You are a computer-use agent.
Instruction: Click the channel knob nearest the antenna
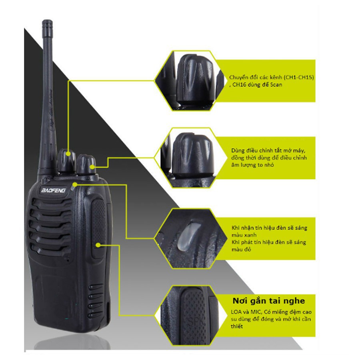click(67, 160)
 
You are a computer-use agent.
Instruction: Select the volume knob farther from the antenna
click(86, 164)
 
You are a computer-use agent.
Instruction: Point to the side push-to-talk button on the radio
click(98, 228)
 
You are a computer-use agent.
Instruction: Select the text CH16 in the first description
click(240, 85)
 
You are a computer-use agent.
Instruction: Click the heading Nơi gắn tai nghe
click(269, 301)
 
